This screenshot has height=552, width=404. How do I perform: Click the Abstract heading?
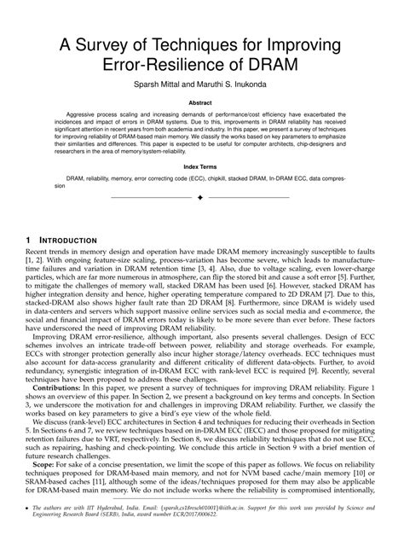point(201,104)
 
